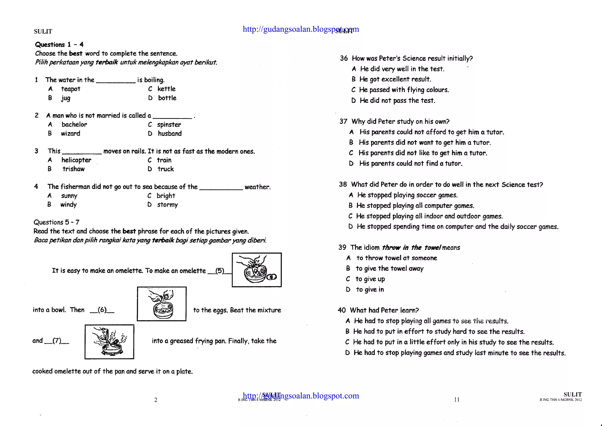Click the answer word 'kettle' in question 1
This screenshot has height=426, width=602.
(x=166, y=89)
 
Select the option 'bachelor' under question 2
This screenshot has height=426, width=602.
(x=74, y=124)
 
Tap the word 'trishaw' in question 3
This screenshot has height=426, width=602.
(x=73, y=169)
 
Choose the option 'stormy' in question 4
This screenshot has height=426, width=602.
(x=167, y=205)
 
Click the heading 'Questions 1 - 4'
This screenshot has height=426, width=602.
(x=59, y=45)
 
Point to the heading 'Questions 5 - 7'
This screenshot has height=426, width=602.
(x=56, y=222)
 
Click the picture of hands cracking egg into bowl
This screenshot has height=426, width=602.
(x=257, y=270)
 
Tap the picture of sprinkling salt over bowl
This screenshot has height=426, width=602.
(x=162, y=304)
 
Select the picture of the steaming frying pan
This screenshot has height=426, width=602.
(x=109, y=342)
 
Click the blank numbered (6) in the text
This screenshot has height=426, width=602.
(x=102, y=310)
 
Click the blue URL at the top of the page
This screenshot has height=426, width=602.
(x=300, y=29)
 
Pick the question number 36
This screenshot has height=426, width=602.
(x=344, y=58)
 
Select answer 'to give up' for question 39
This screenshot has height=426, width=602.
(x=370, y=279)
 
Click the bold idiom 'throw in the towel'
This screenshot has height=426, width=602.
(x=411, y=248)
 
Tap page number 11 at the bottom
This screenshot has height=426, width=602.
(x=456, y=400)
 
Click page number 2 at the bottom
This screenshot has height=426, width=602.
(x=156, y=400)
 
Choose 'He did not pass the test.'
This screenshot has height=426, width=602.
(x=397, y=101)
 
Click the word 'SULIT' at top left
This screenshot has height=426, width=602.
(x=43, y=31)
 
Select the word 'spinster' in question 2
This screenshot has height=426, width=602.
(x=169, y=125)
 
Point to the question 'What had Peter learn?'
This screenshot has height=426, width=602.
(x=384, y=310)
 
